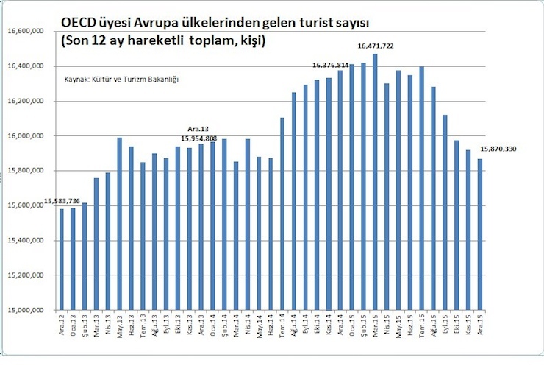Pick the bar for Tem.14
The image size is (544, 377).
(282, 214)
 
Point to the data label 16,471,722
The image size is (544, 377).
(376, 46)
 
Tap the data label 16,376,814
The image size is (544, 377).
(330, 65)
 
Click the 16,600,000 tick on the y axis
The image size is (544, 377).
(26, 32)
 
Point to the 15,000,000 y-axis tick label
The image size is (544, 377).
(26, 310)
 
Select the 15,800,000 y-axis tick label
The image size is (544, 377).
(26, 171)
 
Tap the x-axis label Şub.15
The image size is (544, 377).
(363, 324)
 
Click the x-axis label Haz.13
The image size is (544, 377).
(131, 324)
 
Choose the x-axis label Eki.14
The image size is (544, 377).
(318, 324)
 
